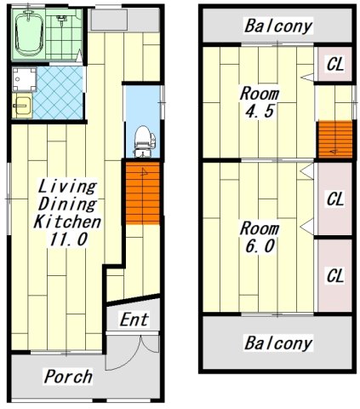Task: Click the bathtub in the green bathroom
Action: coord(29,33)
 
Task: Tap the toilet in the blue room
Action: coord(145,141)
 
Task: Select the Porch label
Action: coord(68,377)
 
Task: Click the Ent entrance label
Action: coord(134,320)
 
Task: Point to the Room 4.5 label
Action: coord(260,102)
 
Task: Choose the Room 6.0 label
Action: coord(260,237)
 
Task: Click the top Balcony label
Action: coord(278,26)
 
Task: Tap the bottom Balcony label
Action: coord(278,343)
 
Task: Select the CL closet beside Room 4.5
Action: coord(335,64)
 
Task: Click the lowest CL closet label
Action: coord(335,275)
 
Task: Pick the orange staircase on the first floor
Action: coord(143,193)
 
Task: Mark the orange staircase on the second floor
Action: coord(335,139)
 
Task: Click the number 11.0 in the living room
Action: coord(68,239)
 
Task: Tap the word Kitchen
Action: coord(67,222)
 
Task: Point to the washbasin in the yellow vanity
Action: coord(22,106)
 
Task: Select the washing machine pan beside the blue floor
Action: coord(24,79)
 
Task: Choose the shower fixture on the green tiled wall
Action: coord(60,19)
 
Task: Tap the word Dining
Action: coord(67,204)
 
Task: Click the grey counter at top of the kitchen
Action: coord(109,20)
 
